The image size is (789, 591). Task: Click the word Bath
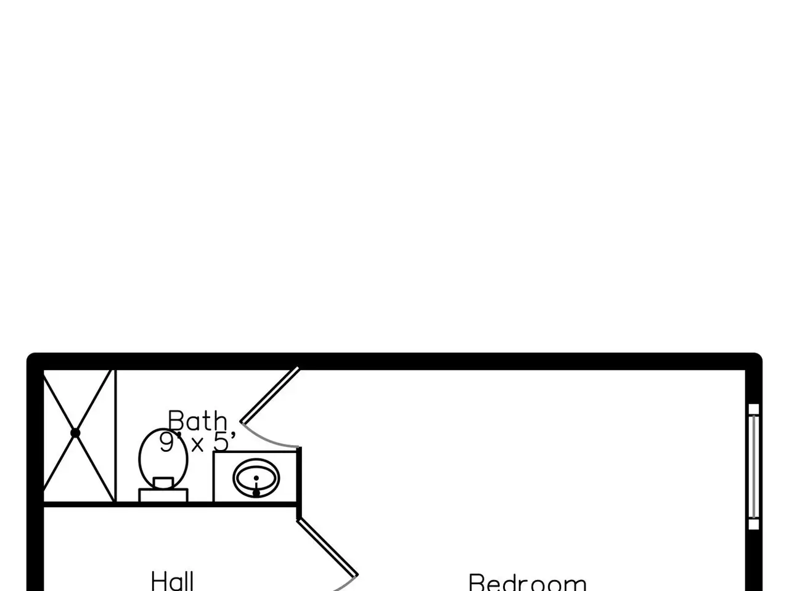pos(197,422)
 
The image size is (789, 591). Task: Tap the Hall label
pos(173,581)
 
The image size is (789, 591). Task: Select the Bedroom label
pos(528,582)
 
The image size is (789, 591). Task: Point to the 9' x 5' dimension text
pos(197,442)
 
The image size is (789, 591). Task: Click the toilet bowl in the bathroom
pos(163,456)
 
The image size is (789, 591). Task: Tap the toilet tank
pos(163,494)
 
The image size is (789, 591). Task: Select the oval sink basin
pos(256,478)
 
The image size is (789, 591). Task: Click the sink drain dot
pos(256,492)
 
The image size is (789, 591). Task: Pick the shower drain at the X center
pos(75,433)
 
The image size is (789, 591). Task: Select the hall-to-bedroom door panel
pos(327,547)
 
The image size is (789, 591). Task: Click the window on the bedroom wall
pos(753,467)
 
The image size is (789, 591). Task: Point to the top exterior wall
pos(394,361)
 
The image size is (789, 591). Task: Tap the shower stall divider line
pos(115,435)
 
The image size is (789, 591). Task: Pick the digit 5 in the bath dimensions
pos(220,442)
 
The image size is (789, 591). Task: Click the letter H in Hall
pos(158,581)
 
